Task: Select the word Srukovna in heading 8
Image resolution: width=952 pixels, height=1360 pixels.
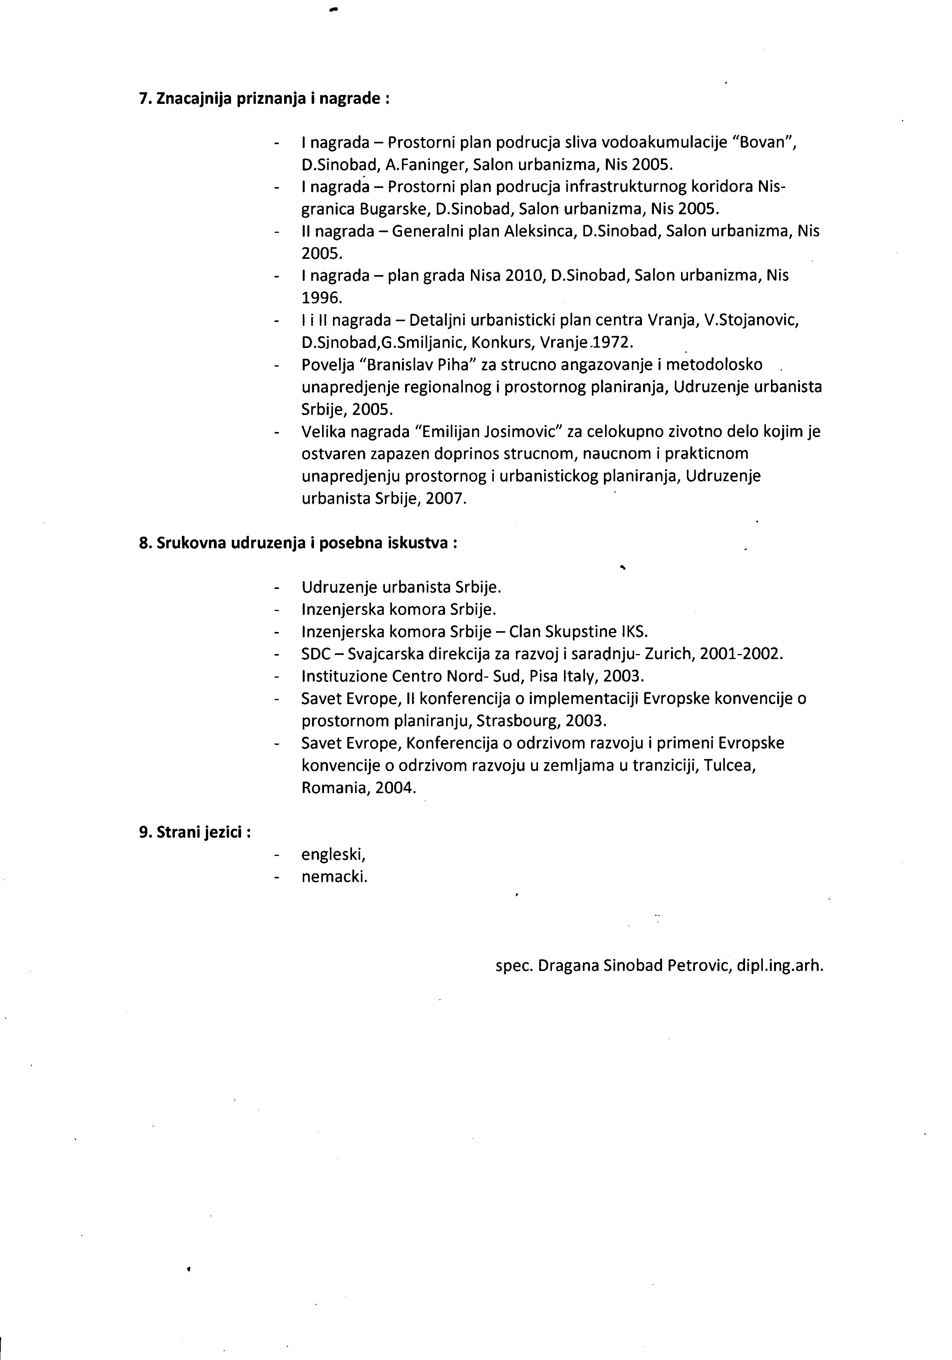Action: [x=191, y=543]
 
